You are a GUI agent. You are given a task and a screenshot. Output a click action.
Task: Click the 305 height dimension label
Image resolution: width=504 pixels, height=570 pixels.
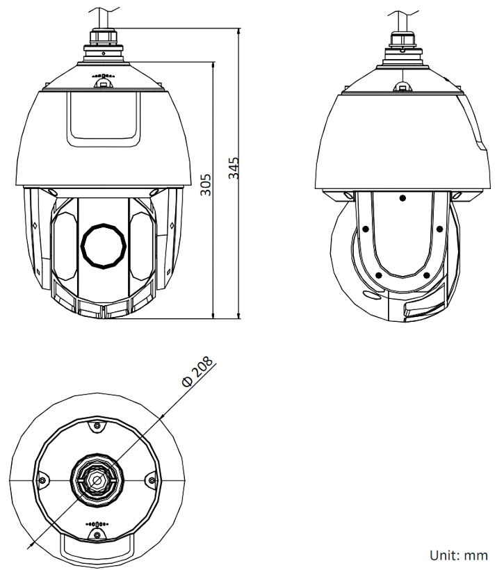coord(206,184)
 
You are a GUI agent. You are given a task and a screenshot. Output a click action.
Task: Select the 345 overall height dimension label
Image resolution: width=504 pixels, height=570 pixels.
coord(234,169)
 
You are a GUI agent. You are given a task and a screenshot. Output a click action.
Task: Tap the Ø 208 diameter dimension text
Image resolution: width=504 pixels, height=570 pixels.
coord(197,373)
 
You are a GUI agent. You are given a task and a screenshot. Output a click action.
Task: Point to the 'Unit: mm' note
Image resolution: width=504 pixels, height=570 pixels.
coord(459,555)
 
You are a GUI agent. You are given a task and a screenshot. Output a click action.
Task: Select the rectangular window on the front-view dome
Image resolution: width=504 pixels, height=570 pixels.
coord(103,118)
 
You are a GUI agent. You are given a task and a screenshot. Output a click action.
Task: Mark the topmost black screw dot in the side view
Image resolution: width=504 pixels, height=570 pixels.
coord(403,198)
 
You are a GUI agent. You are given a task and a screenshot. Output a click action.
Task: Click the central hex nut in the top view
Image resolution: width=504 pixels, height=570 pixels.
coord(97,480)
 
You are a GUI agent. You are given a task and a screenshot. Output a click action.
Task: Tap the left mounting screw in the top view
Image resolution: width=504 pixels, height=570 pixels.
coord(43,480)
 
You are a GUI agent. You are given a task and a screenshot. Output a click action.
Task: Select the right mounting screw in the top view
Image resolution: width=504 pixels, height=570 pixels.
coord(152,480)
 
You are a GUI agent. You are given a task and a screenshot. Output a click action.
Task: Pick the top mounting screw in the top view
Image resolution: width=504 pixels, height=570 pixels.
coord(97,426)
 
